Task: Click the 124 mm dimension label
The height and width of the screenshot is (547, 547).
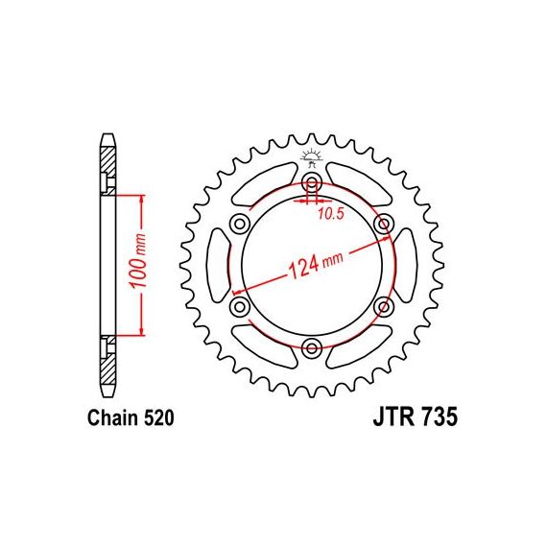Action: pos(316,265)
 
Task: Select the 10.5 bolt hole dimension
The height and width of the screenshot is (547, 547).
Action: pos(331,214)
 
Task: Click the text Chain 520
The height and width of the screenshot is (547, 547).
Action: pos(131,417)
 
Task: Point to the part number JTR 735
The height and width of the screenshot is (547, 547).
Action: pos(416,416)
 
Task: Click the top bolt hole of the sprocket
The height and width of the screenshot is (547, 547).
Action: pos(312,181)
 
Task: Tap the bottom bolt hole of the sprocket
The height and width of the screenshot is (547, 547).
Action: pos(312,347)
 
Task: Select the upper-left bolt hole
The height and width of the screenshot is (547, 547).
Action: pos(240,224)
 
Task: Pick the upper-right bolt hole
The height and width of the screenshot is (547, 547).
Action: pos(384,224)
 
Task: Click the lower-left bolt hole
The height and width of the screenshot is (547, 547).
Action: pos(240,306)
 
